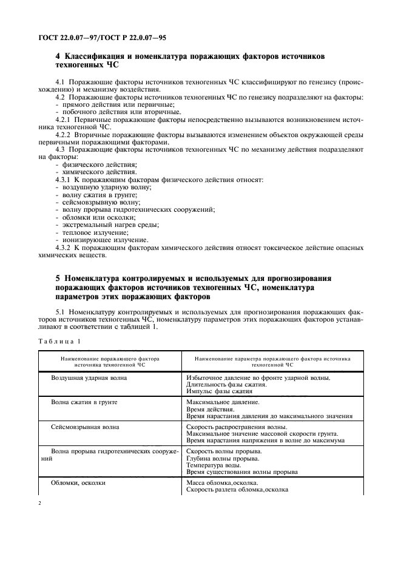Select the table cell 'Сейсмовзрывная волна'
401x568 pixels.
pos(86,427)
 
